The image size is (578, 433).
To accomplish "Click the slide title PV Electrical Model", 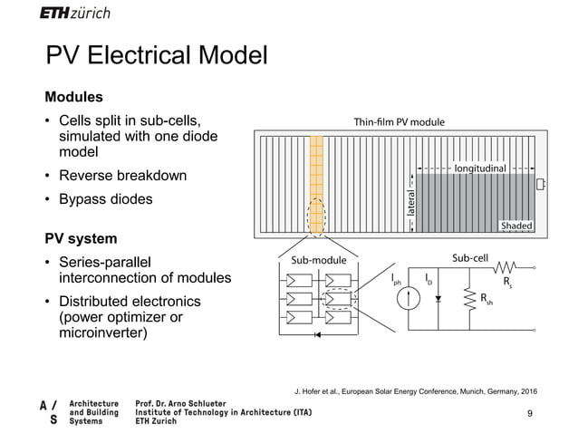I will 157,57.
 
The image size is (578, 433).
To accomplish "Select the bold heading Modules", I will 74,96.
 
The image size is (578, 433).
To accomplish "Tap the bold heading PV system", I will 82,239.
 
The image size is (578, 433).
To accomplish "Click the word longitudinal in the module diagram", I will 492,168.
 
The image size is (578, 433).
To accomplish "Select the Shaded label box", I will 516,226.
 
